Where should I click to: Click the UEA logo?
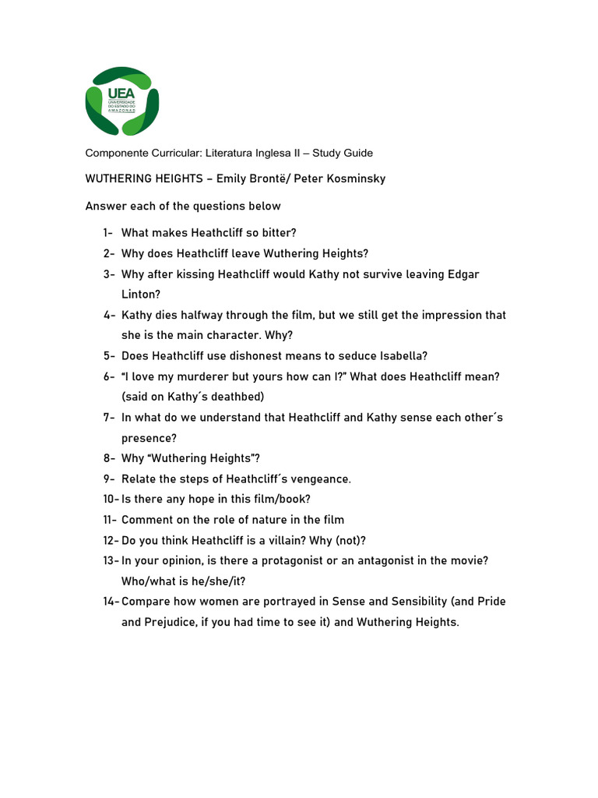pyautogui.click(x=121, y=101)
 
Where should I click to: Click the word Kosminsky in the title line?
pyautogui.click(x=355, y=179)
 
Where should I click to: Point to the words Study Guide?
pyautogui.click(x=343, y=153)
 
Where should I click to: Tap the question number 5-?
pyautogui.click(x=108, y=356)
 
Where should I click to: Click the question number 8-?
pyautogui.click(x=108, y=458)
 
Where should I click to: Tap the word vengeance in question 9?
pyautogui.click(x=319, y=478)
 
